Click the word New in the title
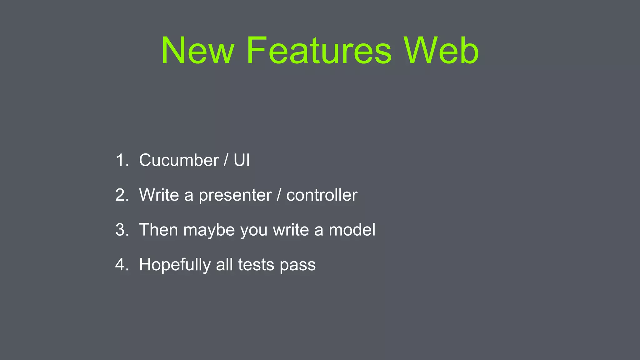click(197, 51)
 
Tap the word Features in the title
click(319, 51)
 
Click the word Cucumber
click(179, 160)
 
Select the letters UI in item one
click(242, 160)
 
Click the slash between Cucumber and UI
click(226, 160)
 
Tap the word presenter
click(235, 196)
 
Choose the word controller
click(322, 195)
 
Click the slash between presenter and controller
click(279, 195)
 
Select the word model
click(352, 230)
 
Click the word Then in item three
click(158, 230)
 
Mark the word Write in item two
click(159, 195)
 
